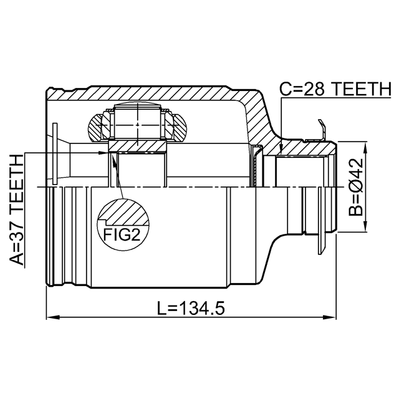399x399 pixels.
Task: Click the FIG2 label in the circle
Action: click(x=122, y=234)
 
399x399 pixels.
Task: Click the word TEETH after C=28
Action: click(x=362, y=89)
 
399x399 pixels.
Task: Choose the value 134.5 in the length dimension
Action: click(x=202, y=308)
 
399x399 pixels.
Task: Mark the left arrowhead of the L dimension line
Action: click(x=53, y=317)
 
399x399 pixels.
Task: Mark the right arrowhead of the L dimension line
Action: click(x=330, y=317)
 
